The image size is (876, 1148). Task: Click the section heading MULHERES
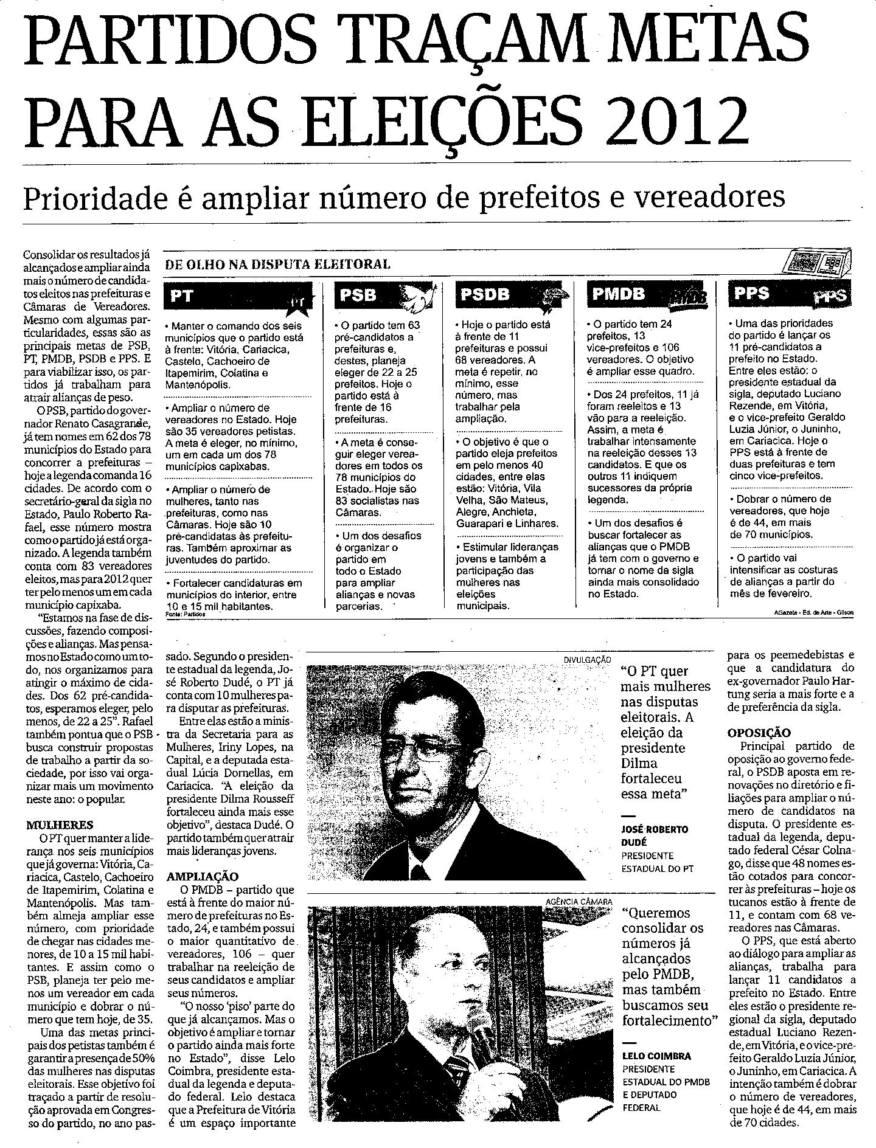click(x=60, y=825)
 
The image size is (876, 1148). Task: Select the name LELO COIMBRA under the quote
click(x=657, y=1056)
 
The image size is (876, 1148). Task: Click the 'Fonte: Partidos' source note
click(x=186, y=615)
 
